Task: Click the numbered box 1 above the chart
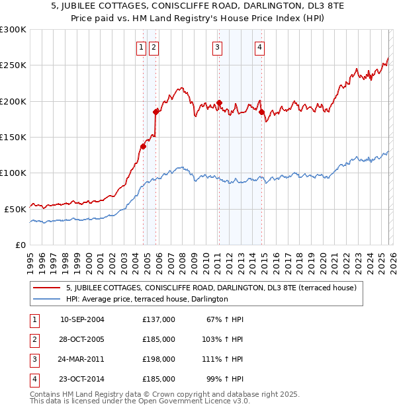(141, 47)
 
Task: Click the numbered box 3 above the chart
(217, 47)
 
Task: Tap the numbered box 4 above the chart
(260, 47)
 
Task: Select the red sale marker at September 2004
(143, 147)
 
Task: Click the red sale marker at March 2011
(219, 103)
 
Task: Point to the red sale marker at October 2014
(261, 112)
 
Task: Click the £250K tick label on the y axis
(13, 65)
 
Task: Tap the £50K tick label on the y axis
(15, 209)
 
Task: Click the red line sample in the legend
(47, 288)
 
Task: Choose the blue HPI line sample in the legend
(47, 299)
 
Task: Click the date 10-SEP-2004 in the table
(82, 319)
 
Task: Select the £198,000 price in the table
(158, 359)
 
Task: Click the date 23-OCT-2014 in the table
(82, 379)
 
